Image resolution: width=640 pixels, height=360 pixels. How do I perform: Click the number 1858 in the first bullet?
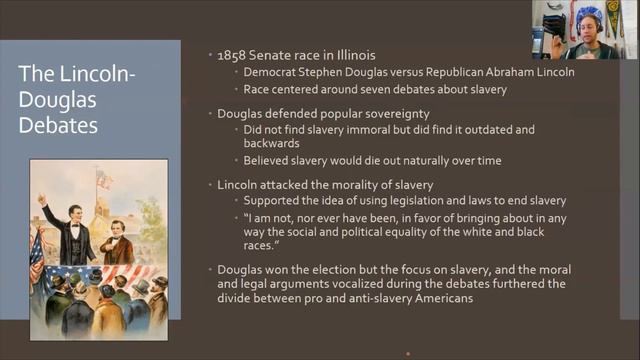click(x=232, y=55)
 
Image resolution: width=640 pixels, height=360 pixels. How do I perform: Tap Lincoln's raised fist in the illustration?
click(x=42, y=198)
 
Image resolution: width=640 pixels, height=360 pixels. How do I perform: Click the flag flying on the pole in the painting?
click(x=104, y=180)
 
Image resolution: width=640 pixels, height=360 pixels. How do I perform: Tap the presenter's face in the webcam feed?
click(x=589, y=26)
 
